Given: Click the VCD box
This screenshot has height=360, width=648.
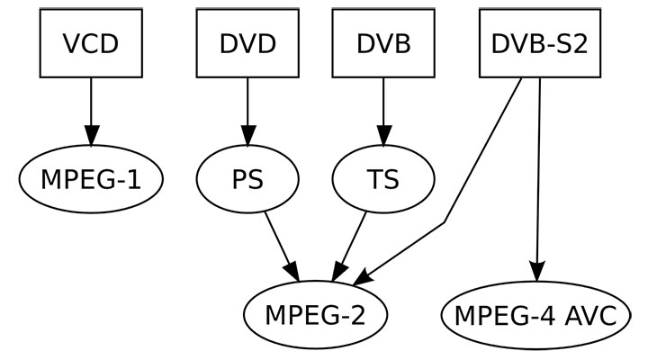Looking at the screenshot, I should [x=90, y=43].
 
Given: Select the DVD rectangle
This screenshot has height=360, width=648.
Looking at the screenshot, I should [x=247, y=43].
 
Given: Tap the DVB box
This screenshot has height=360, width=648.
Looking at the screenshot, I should [x=383, y=43].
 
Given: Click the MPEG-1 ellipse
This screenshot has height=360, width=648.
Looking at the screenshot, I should [x=90, y=179].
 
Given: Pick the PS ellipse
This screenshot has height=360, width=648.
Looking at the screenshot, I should [x=247, y=179].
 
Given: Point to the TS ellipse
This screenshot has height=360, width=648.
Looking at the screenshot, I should [x=383, y=179].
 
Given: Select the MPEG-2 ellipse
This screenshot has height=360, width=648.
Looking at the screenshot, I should [x=316, y=315].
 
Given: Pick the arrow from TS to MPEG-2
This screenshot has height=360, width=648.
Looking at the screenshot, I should [x=353, y=241].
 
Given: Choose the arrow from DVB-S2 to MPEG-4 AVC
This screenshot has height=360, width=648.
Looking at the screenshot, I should [x=538, y=171].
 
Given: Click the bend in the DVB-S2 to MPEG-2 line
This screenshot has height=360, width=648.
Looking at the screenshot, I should [x=445, y=222].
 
